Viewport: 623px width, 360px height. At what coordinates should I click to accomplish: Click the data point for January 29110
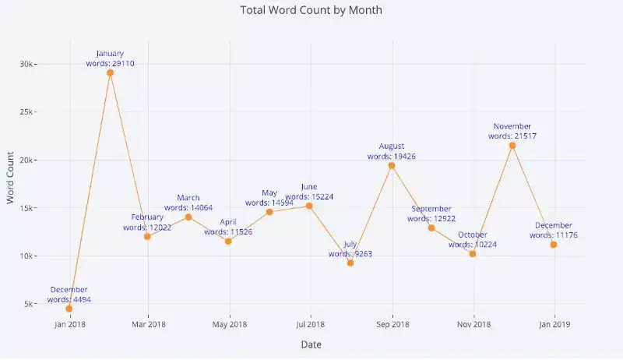110,72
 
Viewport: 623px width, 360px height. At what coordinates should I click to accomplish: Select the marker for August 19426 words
392,165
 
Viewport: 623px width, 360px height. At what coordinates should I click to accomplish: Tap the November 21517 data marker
512,145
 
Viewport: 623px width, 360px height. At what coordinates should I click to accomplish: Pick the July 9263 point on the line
350,263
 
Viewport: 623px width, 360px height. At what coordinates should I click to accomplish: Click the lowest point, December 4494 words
69,309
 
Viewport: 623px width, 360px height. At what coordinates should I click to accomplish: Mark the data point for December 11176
554,245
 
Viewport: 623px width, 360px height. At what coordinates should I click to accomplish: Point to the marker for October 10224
473,253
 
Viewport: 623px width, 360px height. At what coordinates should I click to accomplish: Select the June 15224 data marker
310,206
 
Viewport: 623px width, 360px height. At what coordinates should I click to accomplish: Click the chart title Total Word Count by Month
311,11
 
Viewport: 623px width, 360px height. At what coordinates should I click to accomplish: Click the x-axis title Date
311,344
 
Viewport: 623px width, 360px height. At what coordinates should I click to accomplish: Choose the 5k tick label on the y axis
30,304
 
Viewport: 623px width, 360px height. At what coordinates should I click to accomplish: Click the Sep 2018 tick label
392,324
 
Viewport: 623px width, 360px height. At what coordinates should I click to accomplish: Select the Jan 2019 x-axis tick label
554,324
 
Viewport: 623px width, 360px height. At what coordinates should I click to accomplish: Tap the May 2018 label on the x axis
230,324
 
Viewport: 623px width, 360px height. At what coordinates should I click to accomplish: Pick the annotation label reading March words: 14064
188,203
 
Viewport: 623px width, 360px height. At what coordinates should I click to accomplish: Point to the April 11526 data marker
228,241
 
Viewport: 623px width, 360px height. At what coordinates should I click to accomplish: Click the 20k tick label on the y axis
29,160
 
